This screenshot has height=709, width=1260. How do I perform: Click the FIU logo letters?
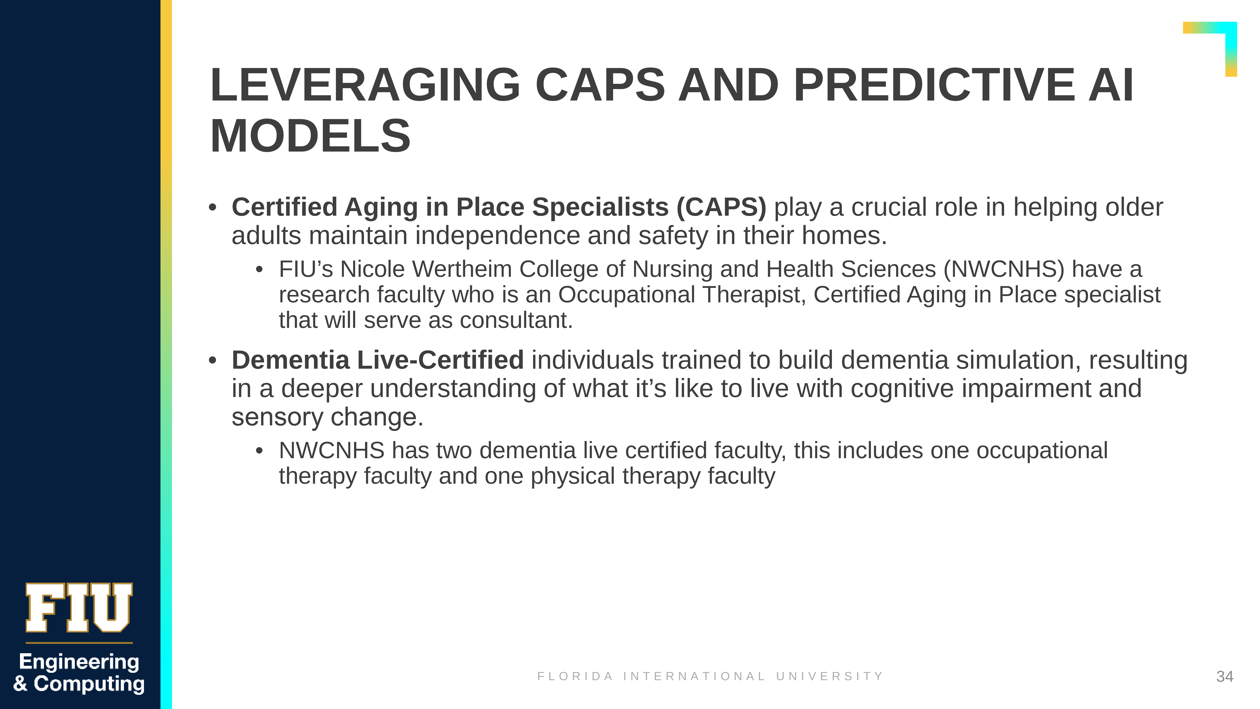click(x=79, y=608)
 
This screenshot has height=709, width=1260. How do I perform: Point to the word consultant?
click(x=516, y=320)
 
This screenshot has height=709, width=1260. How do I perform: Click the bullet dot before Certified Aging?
click(x=212, y=208)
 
